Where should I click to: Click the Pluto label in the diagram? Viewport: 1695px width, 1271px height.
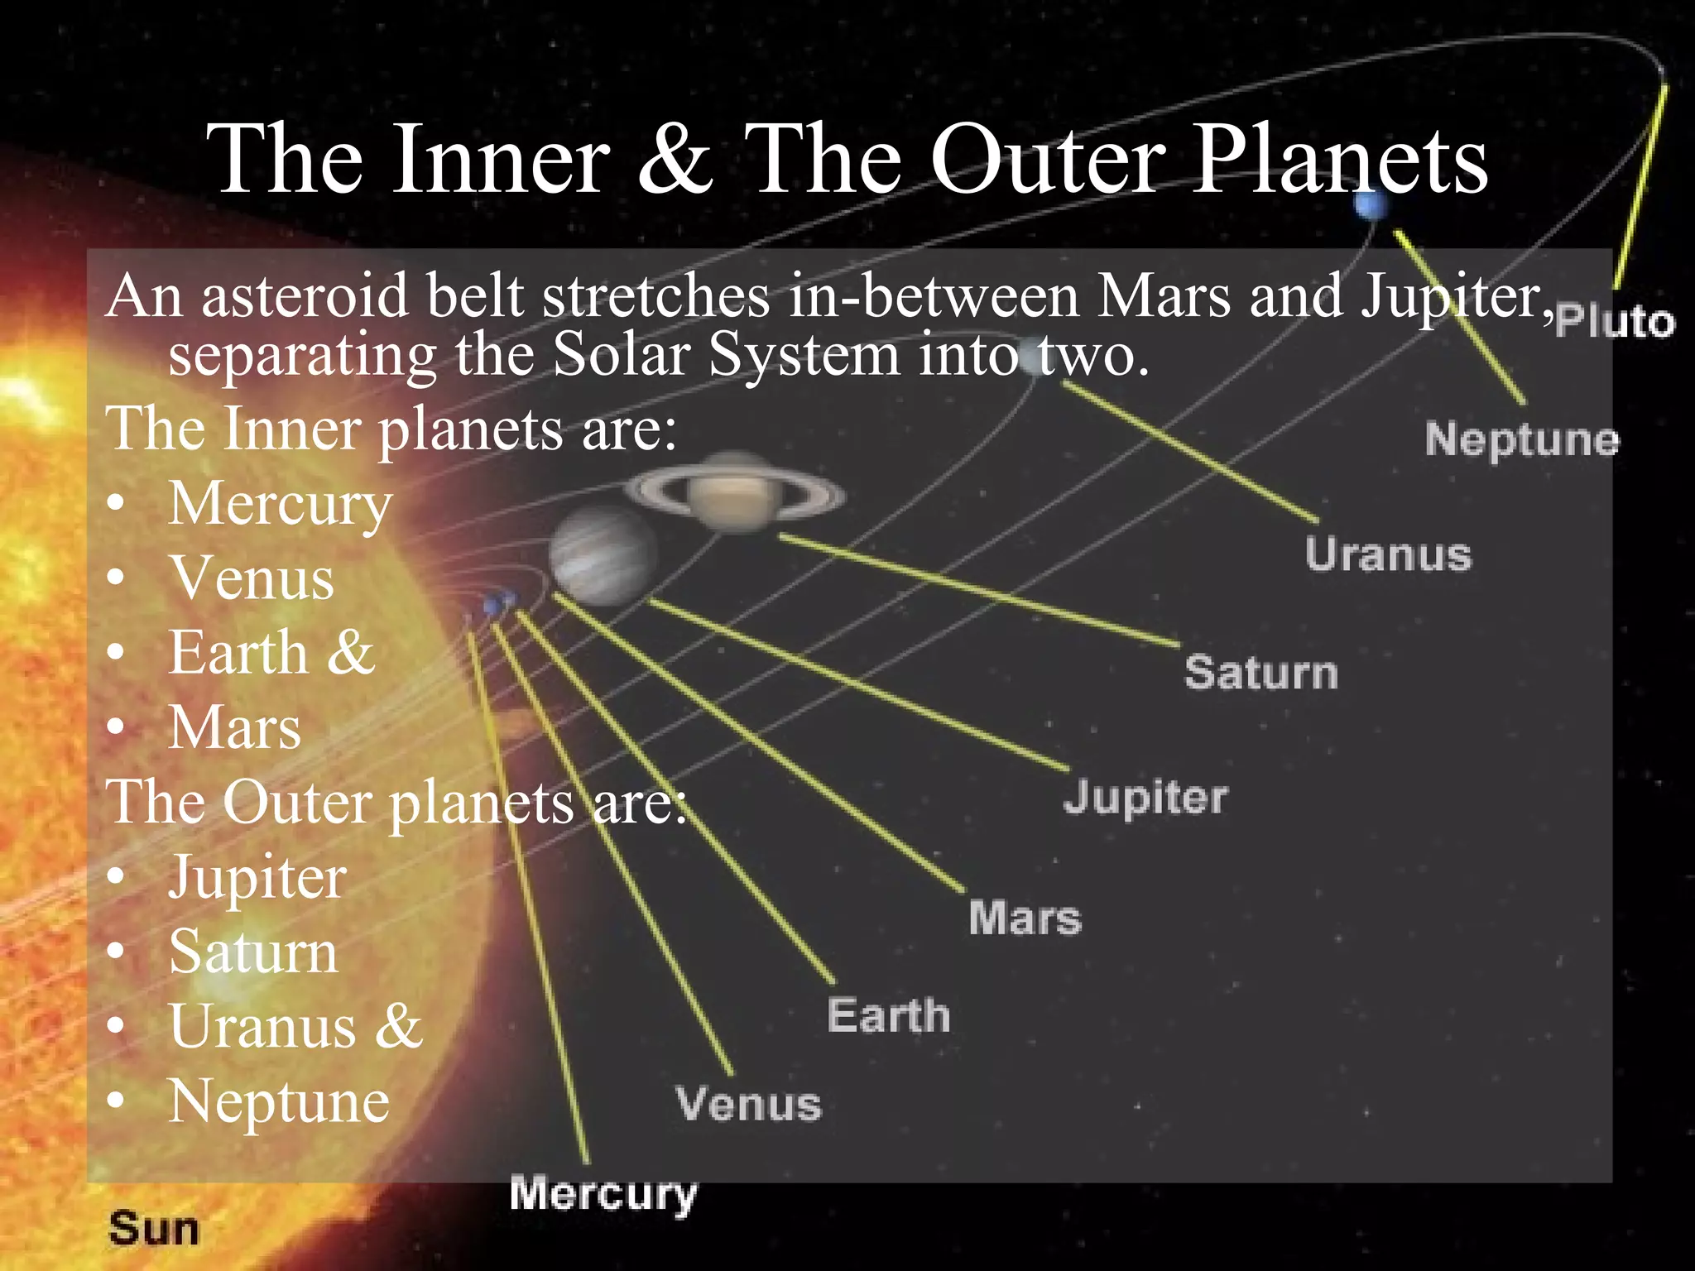tap(1614, 322)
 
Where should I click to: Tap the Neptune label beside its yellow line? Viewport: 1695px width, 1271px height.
tap(1521, 439)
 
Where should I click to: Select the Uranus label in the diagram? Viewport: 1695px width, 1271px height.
tap(1388, 554)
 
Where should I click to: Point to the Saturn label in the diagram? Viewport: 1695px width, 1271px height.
tap(1260, 672)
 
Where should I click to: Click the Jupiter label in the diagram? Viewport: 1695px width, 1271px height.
tap(1145, 799)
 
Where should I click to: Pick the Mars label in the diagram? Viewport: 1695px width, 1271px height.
tap(1025, 918)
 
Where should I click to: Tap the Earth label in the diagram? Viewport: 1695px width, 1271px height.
tap(888, 1015)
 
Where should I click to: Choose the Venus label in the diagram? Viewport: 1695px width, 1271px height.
tap(748, 1104)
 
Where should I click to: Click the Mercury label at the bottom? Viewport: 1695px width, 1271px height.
tap(603, 1194)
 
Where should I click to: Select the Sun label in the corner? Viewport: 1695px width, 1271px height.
tap(154, 1229)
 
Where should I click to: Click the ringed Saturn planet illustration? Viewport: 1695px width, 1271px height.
tap(734, 495)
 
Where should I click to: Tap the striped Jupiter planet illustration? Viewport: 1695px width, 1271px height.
tap(603, 555)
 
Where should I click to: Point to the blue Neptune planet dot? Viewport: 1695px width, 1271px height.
tap(1371, 205)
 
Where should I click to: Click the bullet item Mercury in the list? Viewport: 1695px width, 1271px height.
tap(280, 504)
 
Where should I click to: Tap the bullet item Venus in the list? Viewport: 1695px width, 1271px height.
tap(252, 578)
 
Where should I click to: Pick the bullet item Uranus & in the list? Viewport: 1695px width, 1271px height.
tap(295, 1027)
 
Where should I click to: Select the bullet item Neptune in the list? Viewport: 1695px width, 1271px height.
tap(279, 1101)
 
